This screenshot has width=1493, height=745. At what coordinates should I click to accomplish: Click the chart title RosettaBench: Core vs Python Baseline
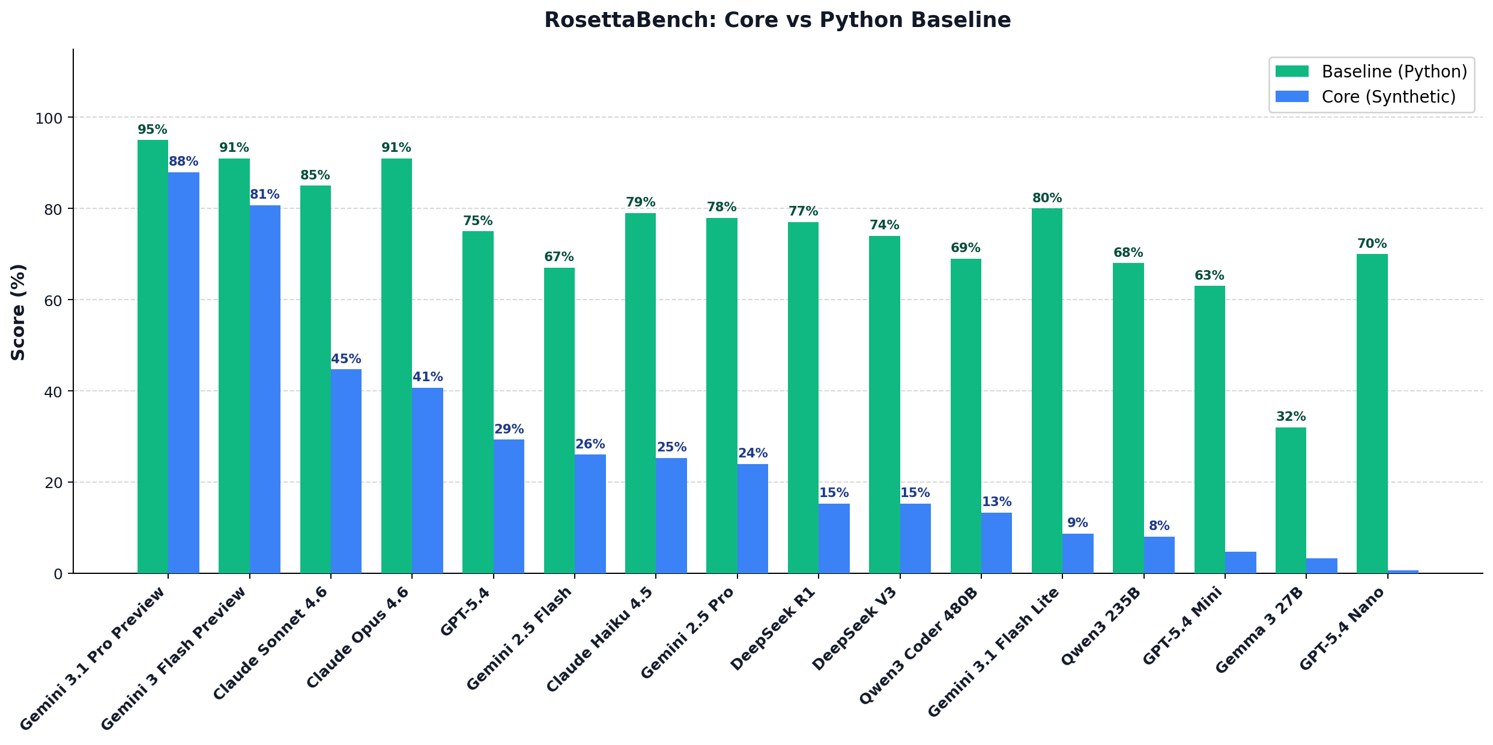pyautogui.click(x=777, y=20)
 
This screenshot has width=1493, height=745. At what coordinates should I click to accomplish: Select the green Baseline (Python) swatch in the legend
pyautogui.click(x=1292, y=71)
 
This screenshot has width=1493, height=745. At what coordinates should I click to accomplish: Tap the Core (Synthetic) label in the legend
pyautogui.click(x=1389, y=97)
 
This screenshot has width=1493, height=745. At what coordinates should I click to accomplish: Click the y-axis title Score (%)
pyautogui.click(x=19, y=312)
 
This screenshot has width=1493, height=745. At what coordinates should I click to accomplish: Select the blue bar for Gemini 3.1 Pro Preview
pyautogui.click(x=184, y=372)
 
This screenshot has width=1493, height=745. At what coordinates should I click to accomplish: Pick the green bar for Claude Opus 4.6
pyautogui.click(x=396, y=366)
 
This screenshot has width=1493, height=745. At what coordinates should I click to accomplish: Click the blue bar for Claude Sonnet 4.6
pyautogui.click(x=346, y=471)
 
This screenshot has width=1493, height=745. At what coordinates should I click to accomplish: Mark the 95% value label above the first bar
pyautogui.click(x=153, y=130)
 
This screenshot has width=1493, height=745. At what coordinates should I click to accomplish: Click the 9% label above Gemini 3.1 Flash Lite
pyautogui.click(x=1077, y=523)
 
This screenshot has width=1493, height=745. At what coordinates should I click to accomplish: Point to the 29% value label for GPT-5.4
pyautogui.click(x=509, y=429)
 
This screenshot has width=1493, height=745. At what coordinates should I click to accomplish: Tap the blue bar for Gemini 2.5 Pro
pyautogui.click(x=753, y=519)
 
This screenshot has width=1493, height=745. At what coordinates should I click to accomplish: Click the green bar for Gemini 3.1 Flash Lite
pyautogui.click(x=1047, y=390)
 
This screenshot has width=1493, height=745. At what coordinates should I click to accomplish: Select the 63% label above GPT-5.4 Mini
pyautogui.click(x=1209, y=276)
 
